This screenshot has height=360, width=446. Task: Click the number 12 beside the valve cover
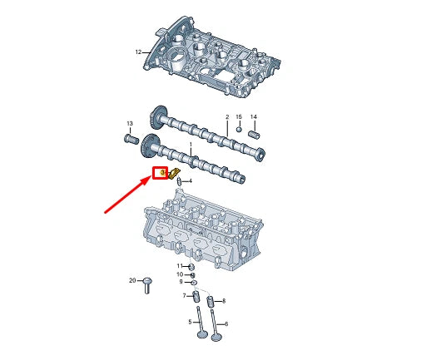click(139, 52)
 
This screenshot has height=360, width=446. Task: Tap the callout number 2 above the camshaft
click(226, 117)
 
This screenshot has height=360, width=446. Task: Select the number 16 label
click(239, 117)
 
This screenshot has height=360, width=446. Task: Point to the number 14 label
click(254, 117)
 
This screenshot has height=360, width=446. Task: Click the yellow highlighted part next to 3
click(175, 173)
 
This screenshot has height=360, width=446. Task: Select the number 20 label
click(132, 281)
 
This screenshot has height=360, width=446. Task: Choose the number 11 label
click(178, 266)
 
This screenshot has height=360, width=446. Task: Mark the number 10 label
click(179, 274)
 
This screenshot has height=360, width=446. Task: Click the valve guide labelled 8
click(211, 300)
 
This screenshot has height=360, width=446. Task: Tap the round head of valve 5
click(201, 335)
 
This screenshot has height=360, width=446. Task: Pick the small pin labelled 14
click(255, 131)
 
